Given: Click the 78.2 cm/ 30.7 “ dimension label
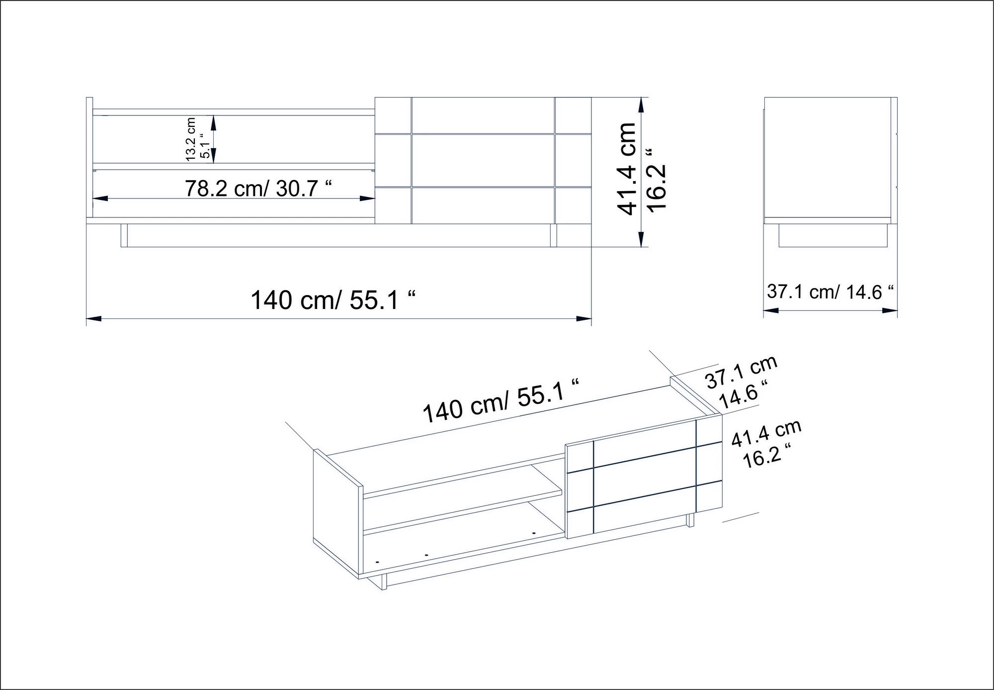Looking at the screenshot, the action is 258,189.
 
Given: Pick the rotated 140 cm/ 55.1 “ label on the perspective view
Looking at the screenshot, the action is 501,400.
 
